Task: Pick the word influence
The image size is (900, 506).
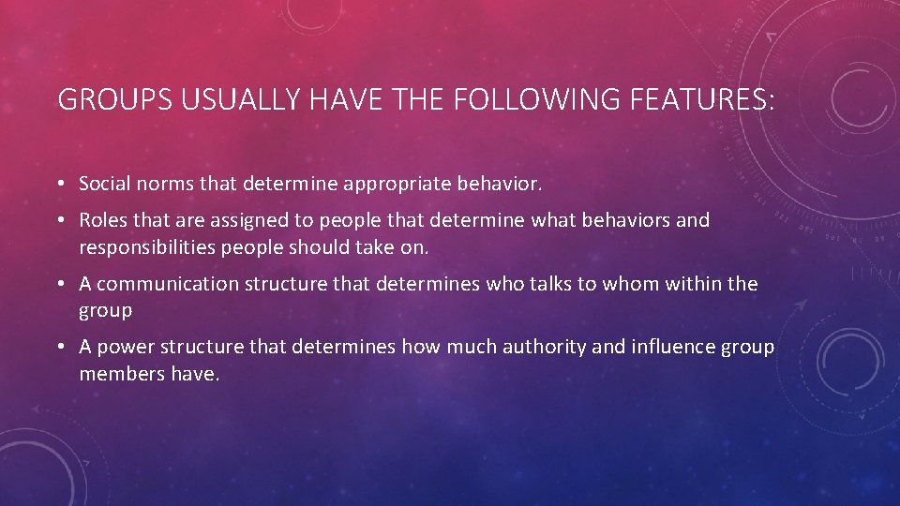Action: tap(672, 348)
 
